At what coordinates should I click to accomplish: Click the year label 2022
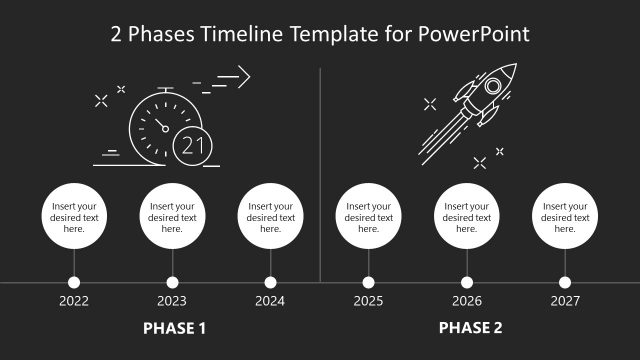[74, 300]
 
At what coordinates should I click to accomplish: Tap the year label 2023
[172, 300]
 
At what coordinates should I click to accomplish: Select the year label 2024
[270, 300]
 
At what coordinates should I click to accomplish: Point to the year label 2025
[368, 300]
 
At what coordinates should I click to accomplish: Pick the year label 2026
[467, 300]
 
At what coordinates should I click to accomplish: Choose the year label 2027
[565, 300]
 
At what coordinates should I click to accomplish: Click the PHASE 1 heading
[175, 327]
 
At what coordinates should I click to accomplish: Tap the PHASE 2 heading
[470, 327]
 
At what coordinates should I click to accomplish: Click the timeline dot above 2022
[74, 283]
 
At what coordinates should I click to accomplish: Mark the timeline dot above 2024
[270, 283]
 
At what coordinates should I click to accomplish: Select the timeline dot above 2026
[467, 283]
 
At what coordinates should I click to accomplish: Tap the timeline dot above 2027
[565, 283]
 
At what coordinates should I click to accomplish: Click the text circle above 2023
[172, 217]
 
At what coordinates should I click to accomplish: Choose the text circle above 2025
[368, 217]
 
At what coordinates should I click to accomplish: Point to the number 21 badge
[192, 146]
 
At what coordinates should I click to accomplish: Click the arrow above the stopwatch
[232, 76]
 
